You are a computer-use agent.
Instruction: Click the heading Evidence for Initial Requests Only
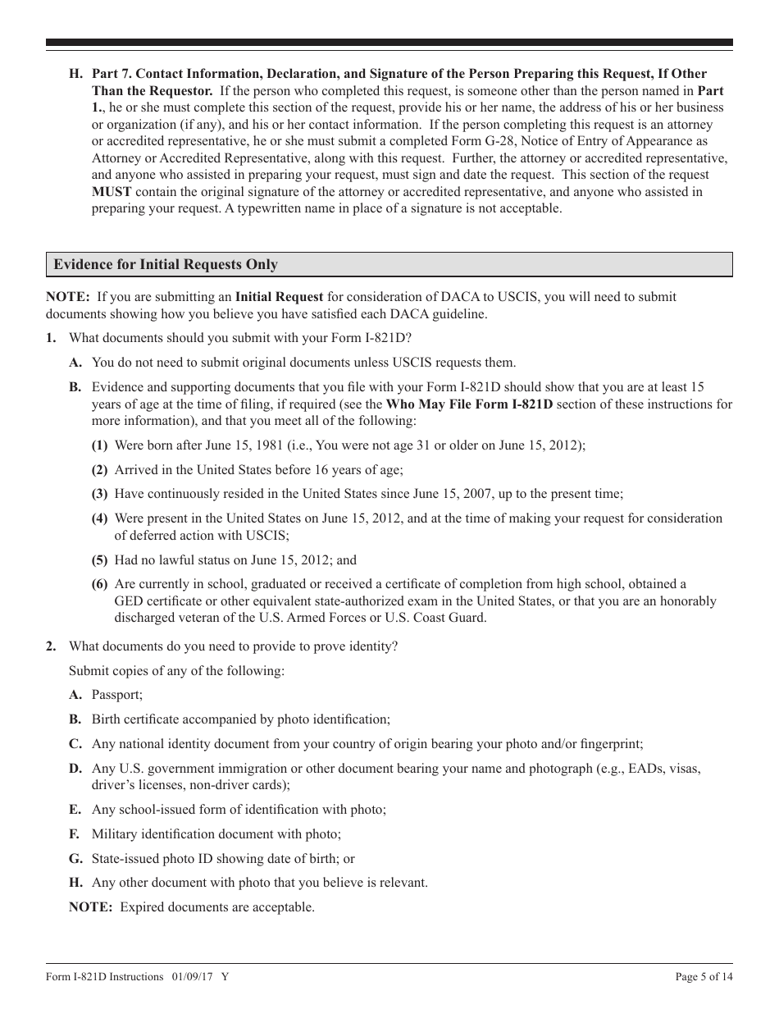[x=166, y=265]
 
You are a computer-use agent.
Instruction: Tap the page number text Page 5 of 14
[x=704, y=976]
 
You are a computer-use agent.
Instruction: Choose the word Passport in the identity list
[x=116, y=695]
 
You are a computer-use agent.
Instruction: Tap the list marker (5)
[x=99, y=560]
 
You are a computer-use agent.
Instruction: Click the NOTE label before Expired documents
[x=90, y=907]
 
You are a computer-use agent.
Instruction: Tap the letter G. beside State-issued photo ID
[x=75, y=859]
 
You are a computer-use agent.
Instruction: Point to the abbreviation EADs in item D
[x=632, y=769]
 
